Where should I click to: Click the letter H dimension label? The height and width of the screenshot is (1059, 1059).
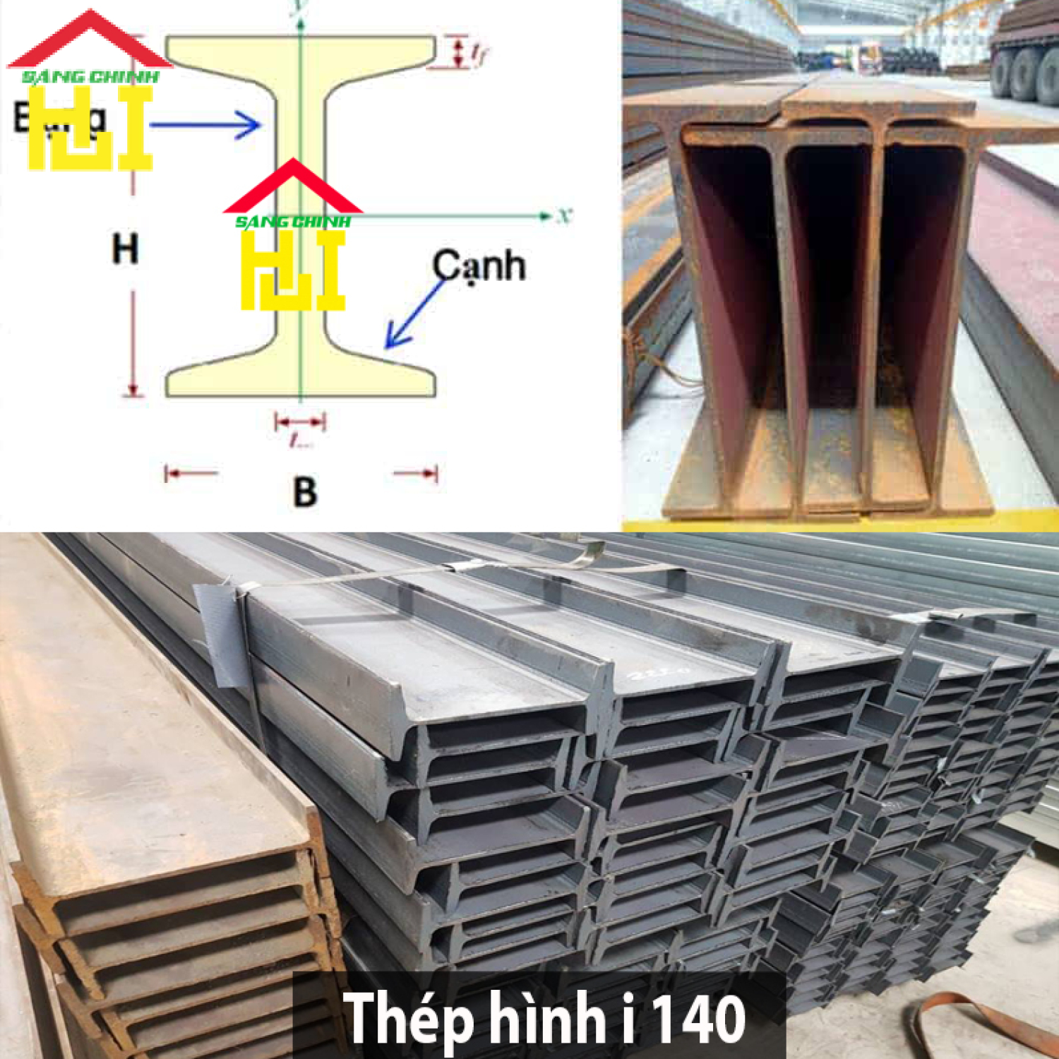point(125,249)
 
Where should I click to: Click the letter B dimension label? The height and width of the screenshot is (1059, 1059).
point(304,491)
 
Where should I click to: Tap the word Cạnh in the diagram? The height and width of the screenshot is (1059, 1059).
point(479,266)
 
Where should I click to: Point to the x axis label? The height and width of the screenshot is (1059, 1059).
point(563,215)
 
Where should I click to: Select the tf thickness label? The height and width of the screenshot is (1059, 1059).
point(479,53)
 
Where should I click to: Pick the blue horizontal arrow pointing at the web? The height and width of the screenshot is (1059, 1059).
point(205,126)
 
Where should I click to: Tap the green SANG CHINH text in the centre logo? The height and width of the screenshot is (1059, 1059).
point(292,222)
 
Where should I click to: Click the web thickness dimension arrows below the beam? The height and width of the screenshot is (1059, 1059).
point(300,423)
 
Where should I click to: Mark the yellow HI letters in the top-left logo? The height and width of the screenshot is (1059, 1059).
point(90,131)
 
